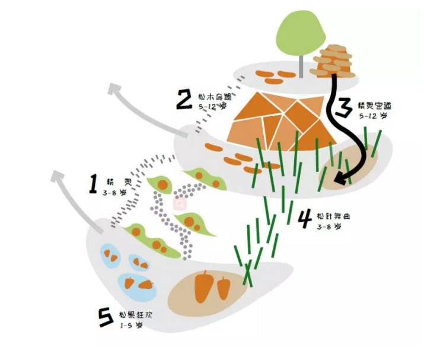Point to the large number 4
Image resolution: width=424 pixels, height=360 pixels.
pos(304,219)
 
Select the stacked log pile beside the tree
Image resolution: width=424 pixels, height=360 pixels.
pos(334,61)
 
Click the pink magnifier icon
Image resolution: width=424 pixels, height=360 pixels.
pos(178,203)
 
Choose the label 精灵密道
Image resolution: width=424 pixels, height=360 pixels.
pos(375,106)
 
